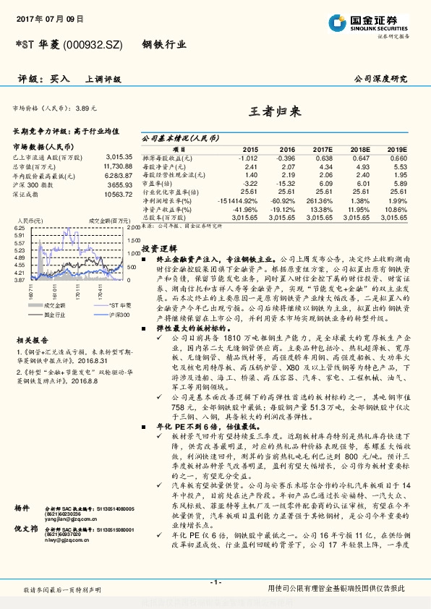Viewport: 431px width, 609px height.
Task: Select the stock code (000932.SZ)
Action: [98, 45]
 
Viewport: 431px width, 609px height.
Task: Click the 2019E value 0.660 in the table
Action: [398, 158]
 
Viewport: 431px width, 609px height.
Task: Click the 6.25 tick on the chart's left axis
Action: [20, 228]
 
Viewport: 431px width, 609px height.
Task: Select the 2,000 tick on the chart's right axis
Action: [133, 228]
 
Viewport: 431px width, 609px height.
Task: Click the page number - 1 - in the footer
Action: [215, 582]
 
